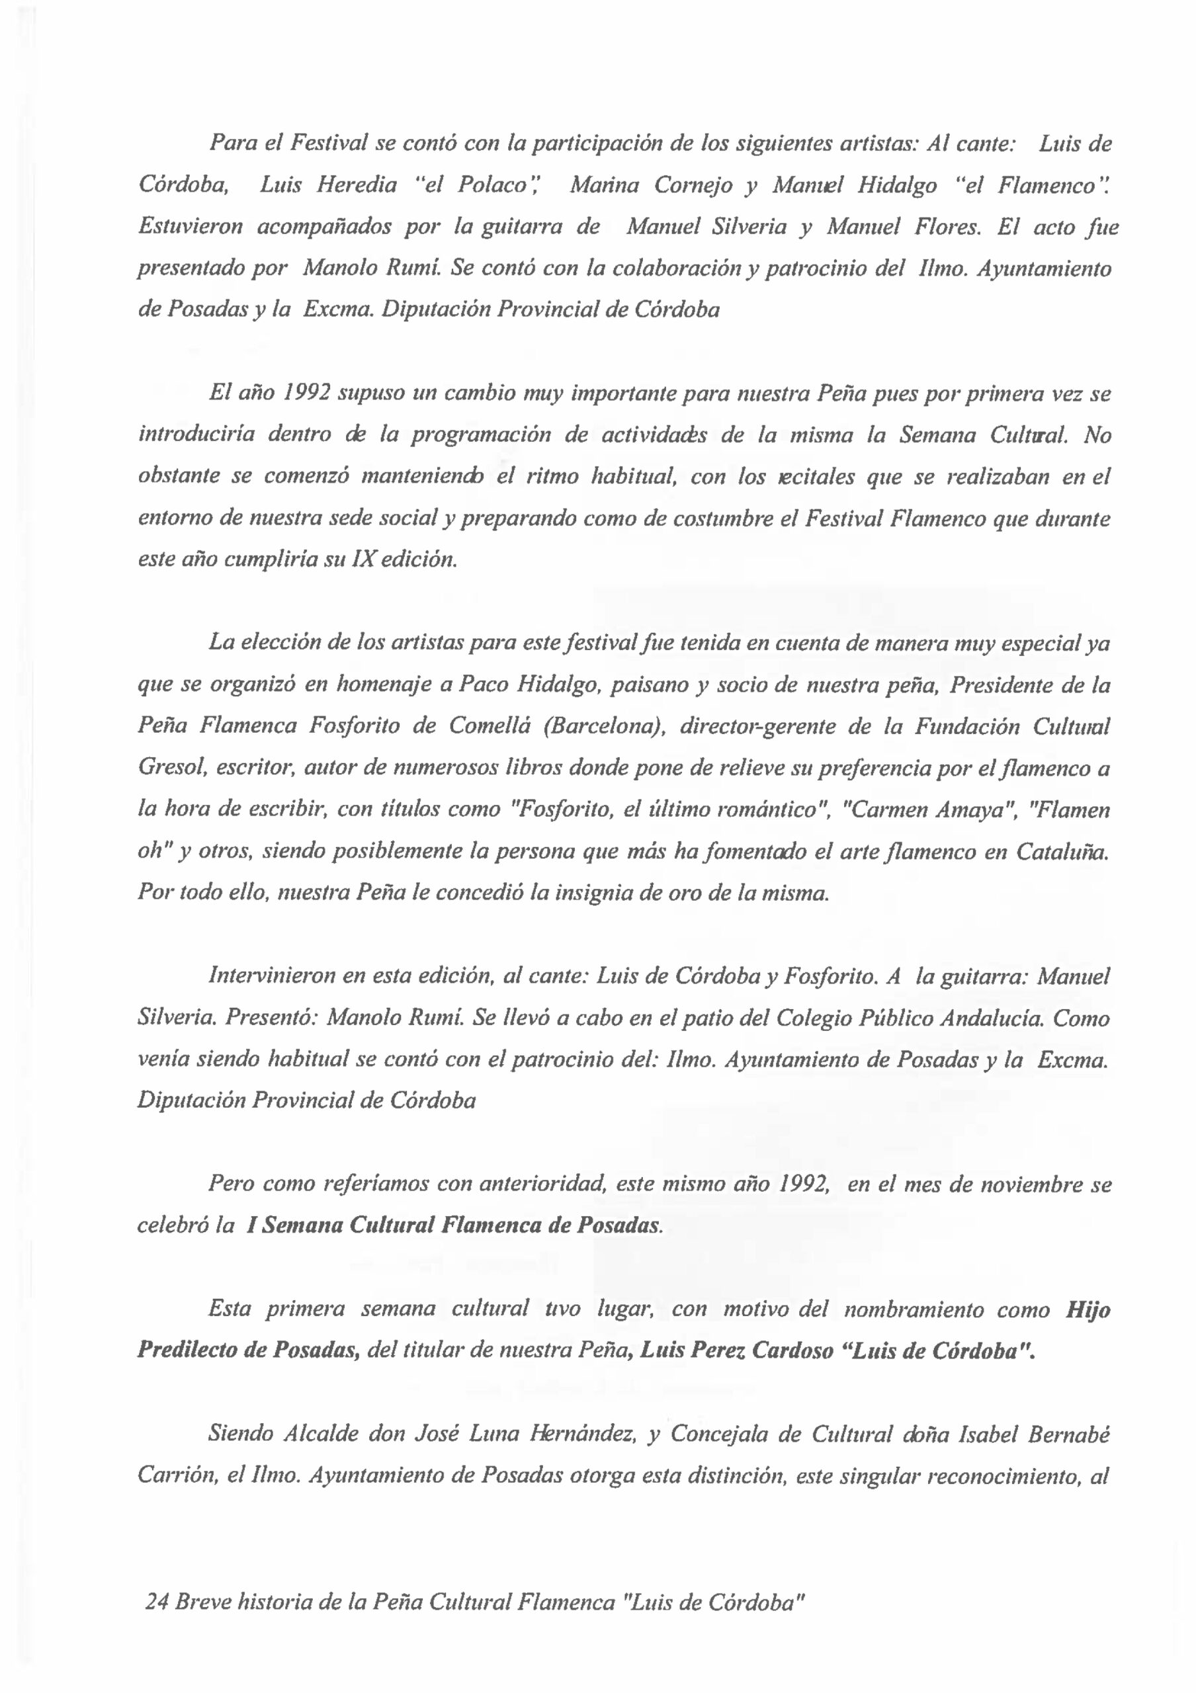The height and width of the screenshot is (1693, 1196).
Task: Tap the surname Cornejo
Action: [693, 186]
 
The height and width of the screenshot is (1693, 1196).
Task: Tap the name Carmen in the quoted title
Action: [883, 809]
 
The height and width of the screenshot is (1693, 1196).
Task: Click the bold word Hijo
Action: [1088, 1309]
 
